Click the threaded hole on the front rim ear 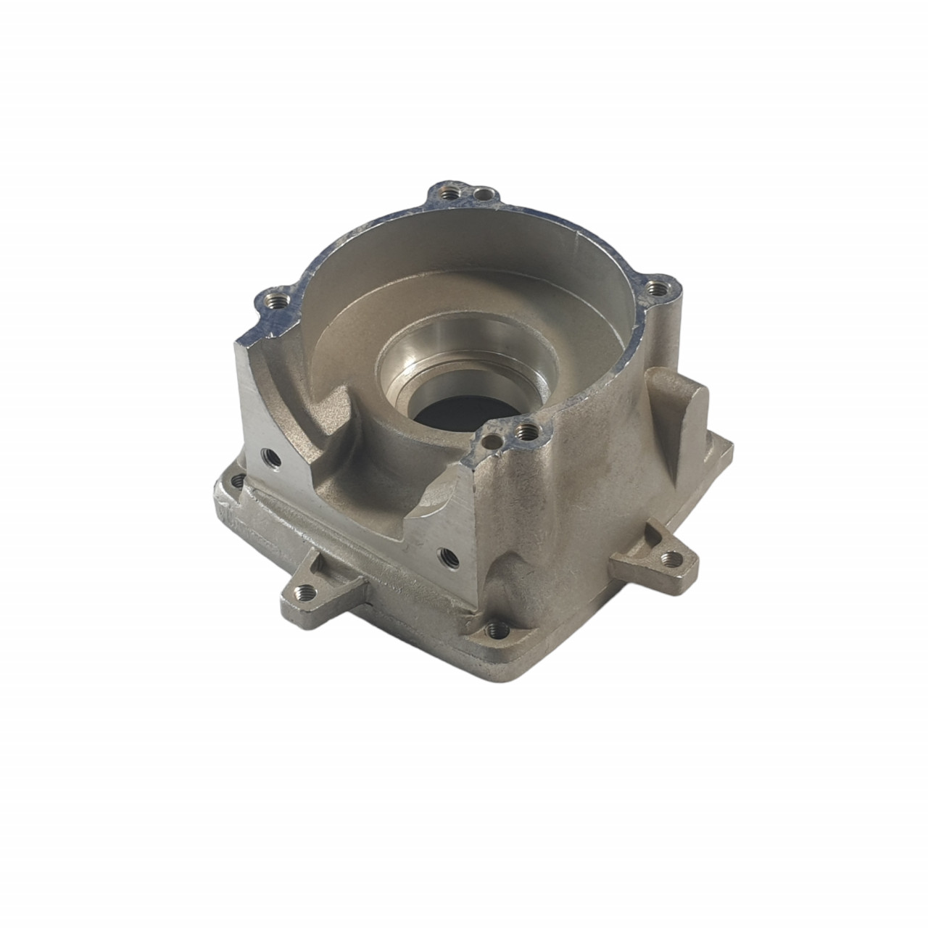[524, 433]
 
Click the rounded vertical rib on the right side [679, 428]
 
